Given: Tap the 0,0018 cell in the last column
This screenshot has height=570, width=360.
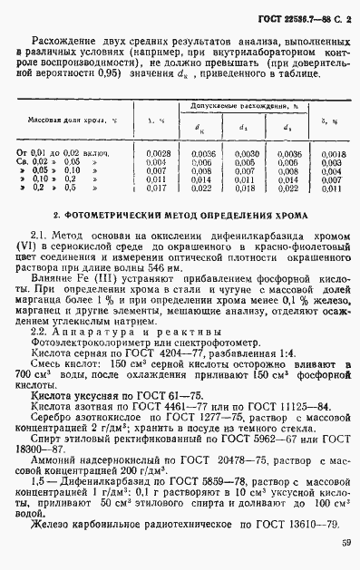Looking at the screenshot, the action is click(x=332, y=155).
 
